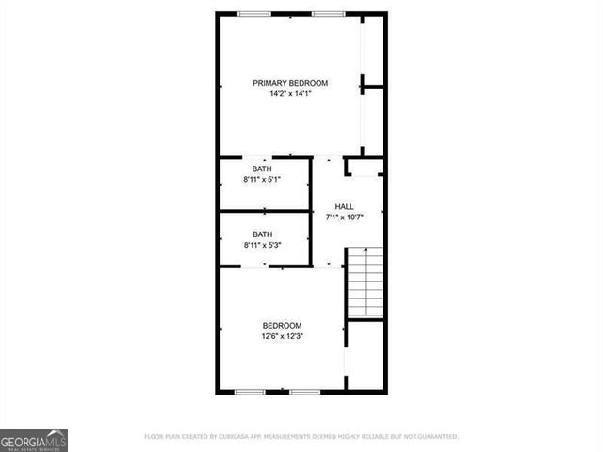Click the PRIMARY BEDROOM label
click(289, 83)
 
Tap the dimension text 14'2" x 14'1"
click(289, 93)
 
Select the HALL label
click(345, 207)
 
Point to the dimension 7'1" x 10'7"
click(345, 218)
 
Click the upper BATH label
click(261, 169)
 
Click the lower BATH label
click(262, 234)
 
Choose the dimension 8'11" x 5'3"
click(262, 245)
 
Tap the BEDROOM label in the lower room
click(282, 325)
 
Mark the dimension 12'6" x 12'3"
click(282, 335)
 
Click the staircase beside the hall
click(365, 282)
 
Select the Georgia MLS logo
click(34, 440)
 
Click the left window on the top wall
click(254, 13)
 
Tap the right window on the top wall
click(328, 13)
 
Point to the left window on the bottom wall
click(250, 391)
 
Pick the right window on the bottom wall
click(305, 391)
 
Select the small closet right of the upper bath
click(365, 169)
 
